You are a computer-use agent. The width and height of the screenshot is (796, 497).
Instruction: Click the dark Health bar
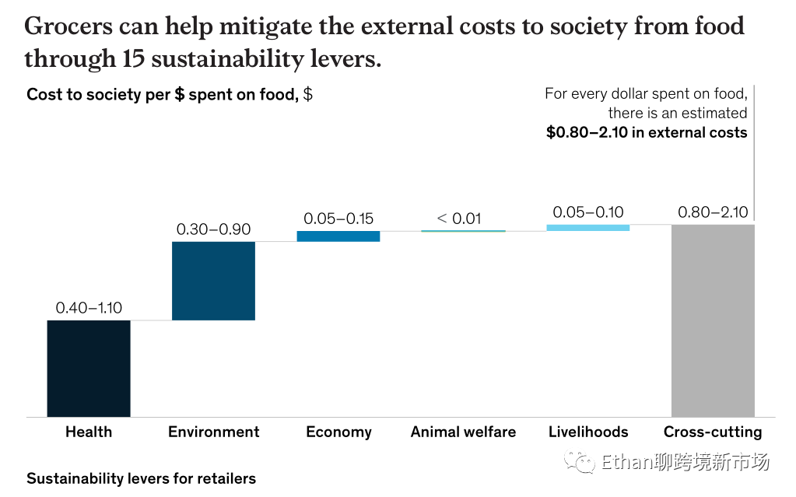[x=89, y=368]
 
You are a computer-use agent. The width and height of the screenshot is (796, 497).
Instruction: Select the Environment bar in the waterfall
[x=213, y=280]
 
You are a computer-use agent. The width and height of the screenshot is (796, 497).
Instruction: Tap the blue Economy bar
[x=338, y=236]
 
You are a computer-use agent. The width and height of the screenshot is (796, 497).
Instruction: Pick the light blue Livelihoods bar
[x=587, y=227]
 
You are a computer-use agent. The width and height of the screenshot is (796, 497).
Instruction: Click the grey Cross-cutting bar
[x=712, y=320]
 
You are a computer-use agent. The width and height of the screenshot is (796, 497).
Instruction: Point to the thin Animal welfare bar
[x=463, y=231]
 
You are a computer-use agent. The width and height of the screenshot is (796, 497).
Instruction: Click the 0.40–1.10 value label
[x=89, y=307]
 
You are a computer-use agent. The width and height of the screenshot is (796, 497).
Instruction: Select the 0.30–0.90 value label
[x=213, y=229]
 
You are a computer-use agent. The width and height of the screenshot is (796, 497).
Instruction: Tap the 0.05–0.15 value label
[x=338, y=219]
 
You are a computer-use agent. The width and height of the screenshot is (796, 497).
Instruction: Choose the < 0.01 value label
[x=459, y=219]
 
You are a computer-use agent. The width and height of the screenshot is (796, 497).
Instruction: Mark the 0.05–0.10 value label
[x=588, y=212]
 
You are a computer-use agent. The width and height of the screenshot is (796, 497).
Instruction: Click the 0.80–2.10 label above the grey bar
[x=713, y=212]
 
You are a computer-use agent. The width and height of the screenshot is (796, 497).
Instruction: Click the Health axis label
[x=89, y=432]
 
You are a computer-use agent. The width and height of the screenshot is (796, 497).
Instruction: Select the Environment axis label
[x=214, y=432]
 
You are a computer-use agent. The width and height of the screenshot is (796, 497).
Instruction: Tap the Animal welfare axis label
[x=463, y=432]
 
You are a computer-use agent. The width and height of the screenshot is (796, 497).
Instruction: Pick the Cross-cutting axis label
[x=713, y=432]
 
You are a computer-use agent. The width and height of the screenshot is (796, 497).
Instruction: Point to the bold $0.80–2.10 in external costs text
[x=647, y=132]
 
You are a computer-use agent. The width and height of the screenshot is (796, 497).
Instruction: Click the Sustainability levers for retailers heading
[x=141, y=478]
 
